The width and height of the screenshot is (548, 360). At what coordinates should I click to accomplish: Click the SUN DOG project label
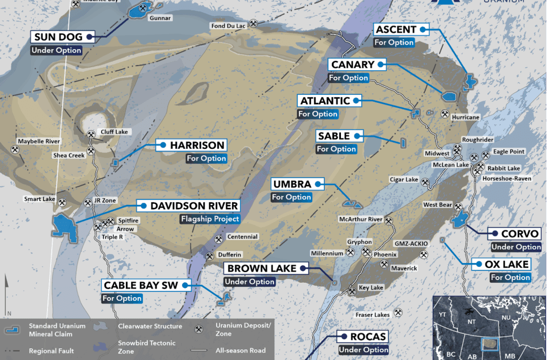pyautogui.click(x=57, y=37)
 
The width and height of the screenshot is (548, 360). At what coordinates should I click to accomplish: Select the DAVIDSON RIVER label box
pyautogui.click(x=194, y=205)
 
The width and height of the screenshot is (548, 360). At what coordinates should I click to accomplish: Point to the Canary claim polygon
pyautogui.click(x=448, y=97)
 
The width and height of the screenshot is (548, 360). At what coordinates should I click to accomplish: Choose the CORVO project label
pyautogui.click(x=520, y=234)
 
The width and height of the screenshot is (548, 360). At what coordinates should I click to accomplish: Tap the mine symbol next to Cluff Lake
pyautogui.click(x=91, y=132)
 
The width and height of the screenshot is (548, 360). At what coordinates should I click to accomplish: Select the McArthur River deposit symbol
pyautogui.click(x=389, y=219)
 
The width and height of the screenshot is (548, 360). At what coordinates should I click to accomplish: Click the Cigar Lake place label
pyautogui.click(x=404, y=180)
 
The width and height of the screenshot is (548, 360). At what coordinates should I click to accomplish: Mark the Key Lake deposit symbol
pyautogui.click(x=352, y=291)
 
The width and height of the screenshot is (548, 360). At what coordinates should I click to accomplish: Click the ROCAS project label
pyautogui.click(x=367, y=337)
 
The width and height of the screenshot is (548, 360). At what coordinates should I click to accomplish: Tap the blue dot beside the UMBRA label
pyautogui.click(x=318, y=184)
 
